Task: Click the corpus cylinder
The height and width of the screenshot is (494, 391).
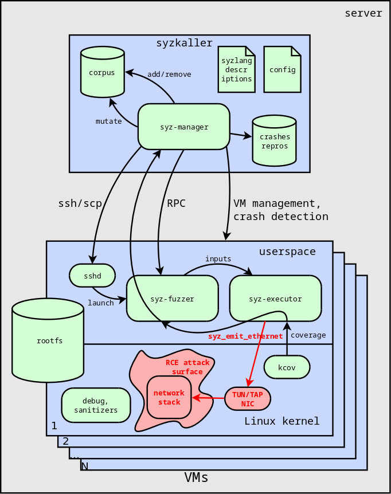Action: pyautogui.click(x=103, y=72)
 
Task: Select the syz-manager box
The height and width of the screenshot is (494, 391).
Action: pyautogui.click(x=184, y=127)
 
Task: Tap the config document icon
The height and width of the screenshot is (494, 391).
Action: pyautogui.click(x=282, y=69)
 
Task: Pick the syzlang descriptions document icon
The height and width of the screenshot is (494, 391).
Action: pyautogui.click(x=237, y=69)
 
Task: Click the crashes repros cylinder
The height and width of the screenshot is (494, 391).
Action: pyautogui.click(x=275, y=141)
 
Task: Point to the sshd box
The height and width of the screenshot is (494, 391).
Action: pyautogui.click(x=92, y=276)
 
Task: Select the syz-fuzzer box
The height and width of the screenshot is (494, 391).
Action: pyautogui.click(x=173, y=299)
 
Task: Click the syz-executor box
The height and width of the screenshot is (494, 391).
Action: pyautogui.click(x=275, y=299)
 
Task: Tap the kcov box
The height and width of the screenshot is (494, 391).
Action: pyautogui.click(x=287, y=367)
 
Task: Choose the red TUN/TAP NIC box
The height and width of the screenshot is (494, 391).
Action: pyautogui.click(x=248, y=399)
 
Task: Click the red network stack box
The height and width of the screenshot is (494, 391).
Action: pyautogui.click(x=169, y=397)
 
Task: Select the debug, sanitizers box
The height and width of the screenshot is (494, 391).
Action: pyautogui.click(x=96, y=405)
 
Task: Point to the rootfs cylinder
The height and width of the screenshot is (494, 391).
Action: pyautogui.click(x=48, y=340)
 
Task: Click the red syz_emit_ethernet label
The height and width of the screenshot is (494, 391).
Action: pyautogui.click(x=245, y=336)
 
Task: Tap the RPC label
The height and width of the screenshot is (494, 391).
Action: pyautogui.click(x=176, y=203)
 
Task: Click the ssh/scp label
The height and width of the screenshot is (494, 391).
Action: pyautogui.click(x=80, y=203)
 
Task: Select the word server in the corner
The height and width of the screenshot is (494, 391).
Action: pyautogui.click(x=363, y=13)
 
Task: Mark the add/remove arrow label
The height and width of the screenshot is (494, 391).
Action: pyautogui.click(x=169, y=75)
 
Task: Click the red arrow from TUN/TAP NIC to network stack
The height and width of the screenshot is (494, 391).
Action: pyautogui.click(x=208, y=398)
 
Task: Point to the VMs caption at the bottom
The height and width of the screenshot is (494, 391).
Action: pyautogui.click(x=196, y=477)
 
